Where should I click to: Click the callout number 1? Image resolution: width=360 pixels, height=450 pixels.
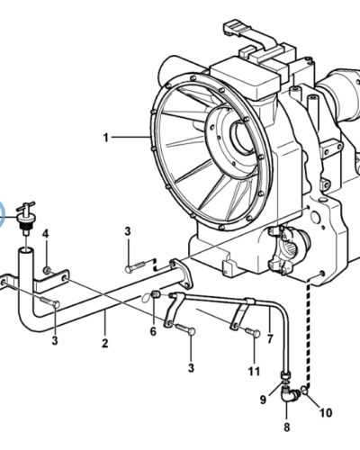(105, 138)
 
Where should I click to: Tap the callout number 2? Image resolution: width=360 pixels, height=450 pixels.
(104, 343)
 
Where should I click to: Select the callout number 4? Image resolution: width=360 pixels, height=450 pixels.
(45, 234)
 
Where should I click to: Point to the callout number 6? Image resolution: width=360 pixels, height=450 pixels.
(153, 331)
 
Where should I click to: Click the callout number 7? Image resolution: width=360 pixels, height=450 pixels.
(270, 339)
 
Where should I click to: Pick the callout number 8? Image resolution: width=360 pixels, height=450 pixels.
(287, 427)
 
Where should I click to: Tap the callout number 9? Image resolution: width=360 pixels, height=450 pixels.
(263, 400)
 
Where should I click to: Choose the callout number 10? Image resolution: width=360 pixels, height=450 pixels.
(326, 413)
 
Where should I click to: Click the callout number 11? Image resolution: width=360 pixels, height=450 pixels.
(254, 372)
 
